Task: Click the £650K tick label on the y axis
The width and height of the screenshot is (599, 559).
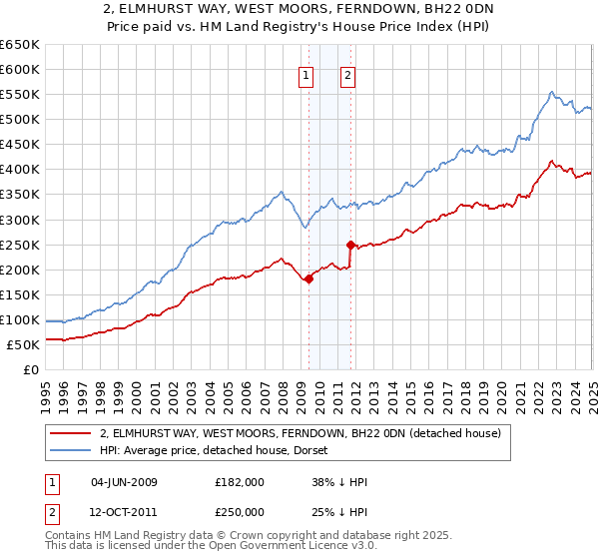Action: pyautogui.click(x=20, y=45)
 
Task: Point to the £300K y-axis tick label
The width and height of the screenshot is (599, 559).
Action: pyautogui.click(x=20, y=220)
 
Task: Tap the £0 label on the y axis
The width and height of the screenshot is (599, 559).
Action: pyautogui.click(x=33, y=370)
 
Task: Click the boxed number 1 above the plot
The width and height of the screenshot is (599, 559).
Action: pyautogui.click(x=304, y=74)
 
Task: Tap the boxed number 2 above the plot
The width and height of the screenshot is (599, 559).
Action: pyautogui.click(x=347, y=74)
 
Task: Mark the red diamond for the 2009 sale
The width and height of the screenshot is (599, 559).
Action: pyautogui.click(x=308, y=279)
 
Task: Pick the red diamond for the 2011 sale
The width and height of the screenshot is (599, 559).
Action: pyautogui.click(x=350, y=245)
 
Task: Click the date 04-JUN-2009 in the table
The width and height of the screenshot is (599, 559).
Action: pyautogui.click(x=124, y=482)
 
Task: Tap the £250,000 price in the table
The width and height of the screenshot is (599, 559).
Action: pyautogui.click(x=240, y=511)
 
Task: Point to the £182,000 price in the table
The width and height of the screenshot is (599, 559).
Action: pyautogui.click(x=240, y=482)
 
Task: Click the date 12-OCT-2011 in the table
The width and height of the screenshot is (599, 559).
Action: pyautogui.click(x=124, y=511)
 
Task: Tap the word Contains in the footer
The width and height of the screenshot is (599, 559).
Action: pyautogui.click(x=70, y=535)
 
